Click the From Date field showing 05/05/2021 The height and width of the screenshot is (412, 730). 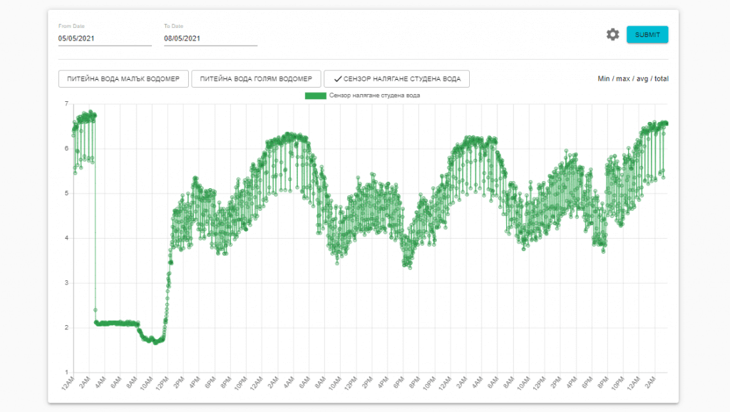(x=104, y=38)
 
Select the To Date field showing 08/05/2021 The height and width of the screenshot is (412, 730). (x=210, y=38)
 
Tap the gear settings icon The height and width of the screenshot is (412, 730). (x=612, y=35)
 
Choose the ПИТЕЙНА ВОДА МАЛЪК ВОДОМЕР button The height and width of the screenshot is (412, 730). (x=123, y=78)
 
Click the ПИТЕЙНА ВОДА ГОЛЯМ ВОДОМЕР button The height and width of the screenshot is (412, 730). (x=256, y=78)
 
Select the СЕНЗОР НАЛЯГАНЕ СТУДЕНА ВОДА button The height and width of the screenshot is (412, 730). (x=396, y=78)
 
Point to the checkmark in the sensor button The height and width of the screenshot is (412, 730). (x=337, y=79)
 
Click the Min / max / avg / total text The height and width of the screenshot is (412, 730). (x=632, y=78)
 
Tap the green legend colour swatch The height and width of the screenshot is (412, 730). (x=315, y=96)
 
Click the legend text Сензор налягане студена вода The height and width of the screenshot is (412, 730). (x=375, y=96)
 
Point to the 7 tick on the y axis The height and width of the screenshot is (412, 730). (x=66, y=104)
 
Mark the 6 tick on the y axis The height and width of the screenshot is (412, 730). (x=66, y=149)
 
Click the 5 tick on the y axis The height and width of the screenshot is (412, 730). (x=66, y=193)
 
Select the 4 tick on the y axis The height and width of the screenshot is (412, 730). (x=66, y=238)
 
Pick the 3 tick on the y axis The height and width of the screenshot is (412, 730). (x=66, y=283)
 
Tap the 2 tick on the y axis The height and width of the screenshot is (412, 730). (x=66, y=328)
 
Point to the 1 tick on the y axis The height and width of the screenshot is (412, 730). (x=66, y=372)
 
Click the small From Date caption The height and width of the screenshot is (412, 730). (x=71, y=26)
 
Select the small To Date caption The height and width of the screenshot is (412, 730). (x=174, y=26)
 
